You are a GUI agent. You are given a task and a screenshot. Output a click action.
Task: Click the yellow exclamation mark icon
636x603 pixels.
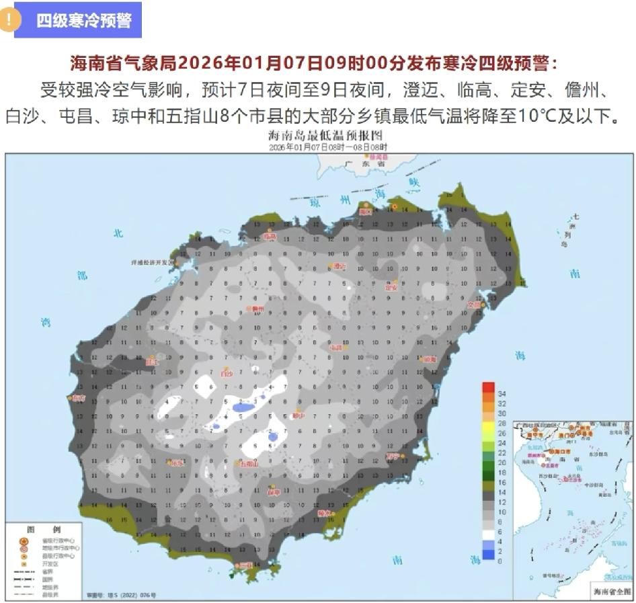pos(9,19)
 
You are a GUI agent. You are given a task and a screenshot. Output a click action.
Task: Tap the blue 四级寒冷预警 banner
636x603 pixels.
pos(83,20)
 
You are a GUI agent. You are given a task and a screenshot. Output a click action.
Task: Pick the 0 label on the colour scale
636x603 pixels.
pos(500,560)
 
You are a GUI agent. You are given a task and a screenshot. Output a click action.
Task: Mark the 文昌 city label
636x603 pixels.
pos(475,305)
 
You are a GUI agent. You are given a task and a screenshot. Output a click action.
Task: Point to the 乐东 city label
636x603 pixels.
pos(177,463)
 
